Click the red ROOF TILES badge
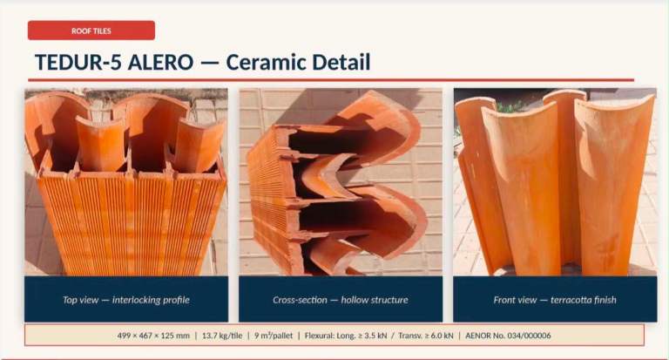point(91,31)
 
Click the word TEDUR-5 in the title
point(78,63)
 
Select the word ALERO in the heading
point(161,63)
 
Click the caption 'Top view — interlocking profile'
point(126,300)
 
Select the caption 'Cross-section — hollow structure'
point(341,300)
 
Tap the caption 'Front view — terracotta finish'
point(555,300)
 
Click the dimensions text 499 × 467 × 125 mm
point(153,336)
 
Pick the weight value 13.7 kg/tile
point(222,336)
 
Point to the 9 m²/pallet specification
point(274,336)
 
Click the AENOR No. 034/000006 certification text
point(508,336)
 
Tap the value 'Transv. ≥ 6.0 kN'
point(426,336)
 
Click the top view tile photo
point(126,182)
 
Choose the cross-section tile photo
point(341,182)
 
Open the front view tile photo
point(555,182)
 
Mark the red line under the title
point(331,80)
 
